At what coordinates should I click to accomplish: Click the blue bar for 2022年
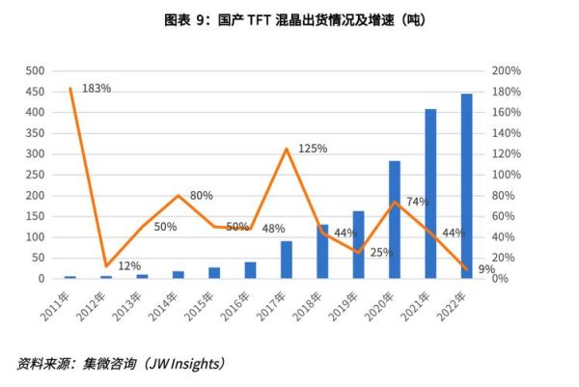[x=467, y=186]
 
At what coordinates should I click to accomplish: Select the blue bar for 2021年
[x=430, y=194]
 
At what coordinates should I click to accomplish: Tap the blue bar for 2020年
[x=395, y=220]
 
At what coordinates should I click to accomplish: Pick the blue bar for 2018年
[x=322, y=252]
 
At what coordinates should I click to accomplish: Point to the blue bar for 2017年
[x=287, y=260]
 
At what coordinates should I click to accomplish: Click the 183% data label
[x=97, y=88]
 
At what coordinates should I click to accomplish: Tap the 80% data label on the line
[x=201, y=196]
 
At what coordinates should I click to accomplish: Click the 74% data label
[x=418, y=202]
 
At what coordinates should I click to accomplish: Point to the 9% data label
[x=485, y=269]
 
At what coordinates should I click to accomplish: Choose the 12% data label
[x=129, y=265]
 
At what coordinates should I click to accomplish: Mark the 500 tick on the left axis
[x=35, y=71]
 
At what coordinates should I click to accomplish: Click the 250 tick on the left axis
[x=35, y=175]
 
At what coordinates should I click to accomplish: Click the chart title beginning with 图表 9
[x=289, y=19]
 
